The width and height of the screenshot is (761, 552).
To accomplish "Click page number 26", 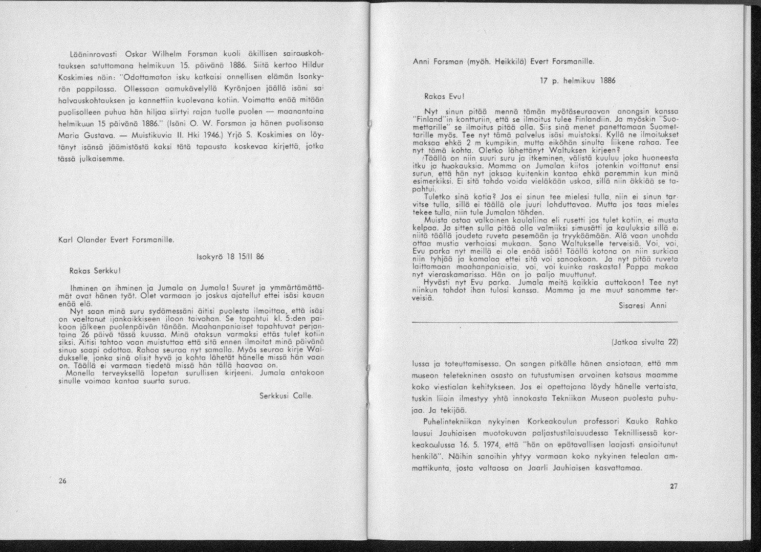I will tap(63, 481).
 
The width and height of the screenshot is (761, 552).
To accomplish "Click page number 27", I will tap(673, 486).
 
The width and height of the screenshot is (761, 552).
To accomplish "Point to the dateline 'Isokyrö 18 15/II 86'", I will tap(230, 257).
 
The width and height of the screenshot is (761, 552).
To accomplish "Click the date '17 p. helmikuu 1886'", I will tap(578, 80).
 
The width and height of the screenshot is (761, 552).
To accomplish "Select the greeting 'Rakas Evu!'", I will tap(444, 96).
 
